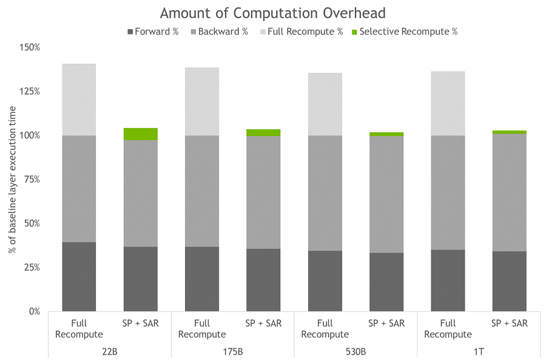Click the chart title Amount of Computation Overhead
(272, 13)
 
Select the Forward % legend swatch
(130, 32)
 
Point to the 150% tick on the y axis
(30, 47)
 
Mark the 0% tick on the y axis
(34, 311)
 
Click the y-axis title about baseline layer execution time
(12, 180)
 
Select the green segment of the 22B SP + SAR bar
(141, 134)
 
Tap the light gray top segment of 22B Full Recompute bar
(79, 100)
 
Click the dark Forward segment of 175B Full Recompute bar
(202, 279)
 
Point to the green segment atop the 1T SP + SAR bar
(509, 132)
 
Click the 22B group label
(110, 351)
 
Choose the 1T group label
(479, 351)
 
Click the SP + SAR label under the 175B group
(263, 324)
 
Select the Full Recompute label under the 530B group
(325, 328)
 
